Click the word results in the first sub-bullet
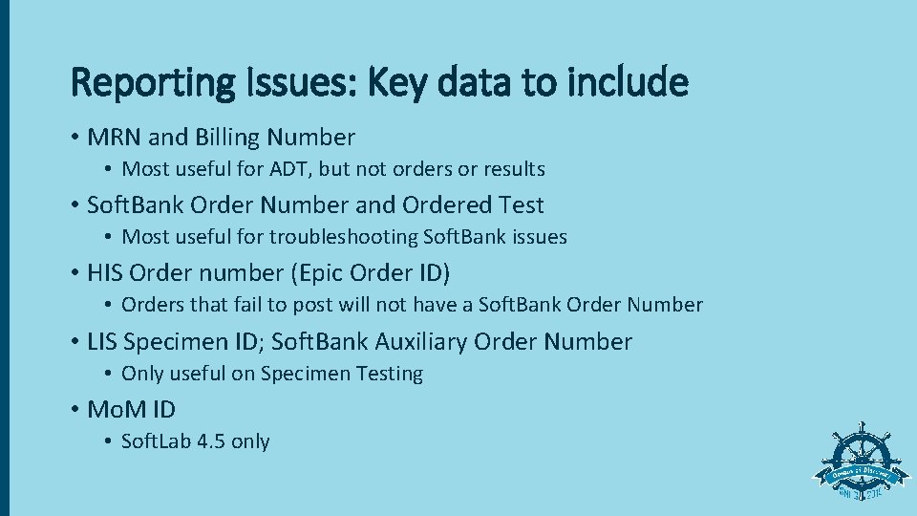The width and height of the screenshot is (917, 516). pyautogui.click(x=513, y=169)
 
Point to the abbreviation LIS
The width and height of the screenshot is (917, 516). pyautogui.click(x=102, y=341)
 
